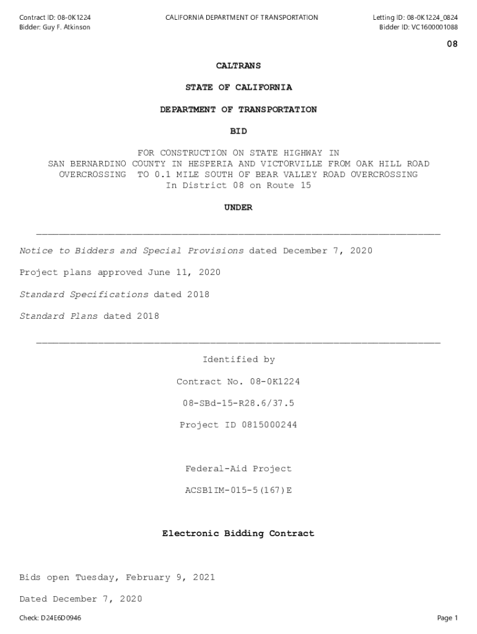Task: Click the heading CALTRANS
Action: [x=239, y=66]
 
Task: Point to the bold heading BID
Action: [x=239, y=131]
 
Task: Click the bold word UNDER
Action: [x=239, y=208]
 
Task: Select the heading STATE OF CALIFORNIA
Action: [x=239, y=88]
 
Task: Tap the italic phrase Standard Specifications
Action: [x=84, y=295]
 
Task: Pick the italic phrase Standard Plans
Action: [x=59, y=316]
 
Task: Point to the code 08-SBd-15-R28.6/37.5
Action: [x=239, y=403]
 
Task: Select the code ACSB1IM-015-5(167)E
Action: [x=239, y=490]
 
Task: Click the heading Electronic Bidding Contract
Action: [x=239, y=533]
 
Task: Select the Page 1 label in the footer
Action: [x=447, y=618]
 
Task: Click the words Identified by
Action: [x=239, y=360]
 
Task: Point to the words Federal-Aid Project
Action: [x=239, y=469]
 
